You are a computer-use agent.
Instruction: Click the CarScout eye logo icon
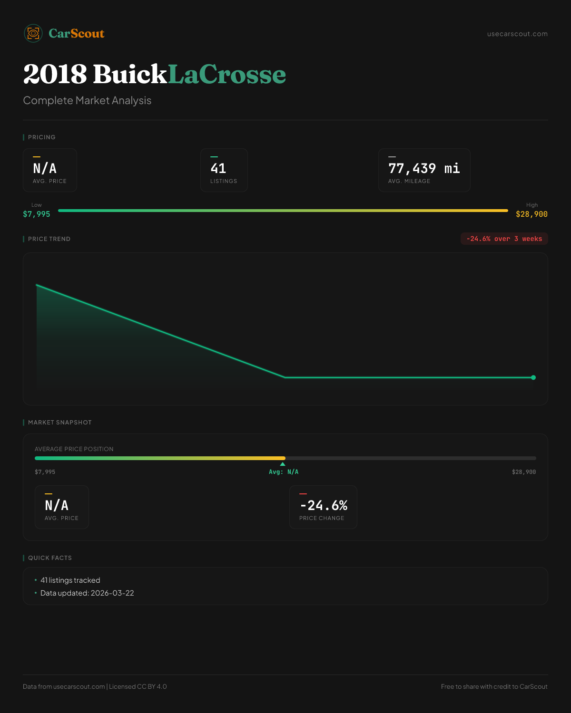33,33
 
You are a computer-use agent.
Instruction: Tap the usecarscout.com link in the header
517,34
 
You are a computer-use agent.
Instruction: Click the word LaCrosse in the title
227,74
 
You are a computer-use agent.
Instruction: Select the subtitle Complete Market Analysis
87,100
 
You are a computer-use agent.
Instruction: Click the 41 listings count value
218,168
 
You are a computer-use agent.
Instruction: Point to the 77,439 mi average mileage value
424,168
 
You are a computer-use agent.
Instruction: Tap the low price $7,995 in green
37,214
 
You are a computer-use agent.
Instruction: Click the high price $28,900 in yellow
532,214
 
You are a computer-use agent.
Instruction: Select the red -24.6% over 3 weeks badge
504,239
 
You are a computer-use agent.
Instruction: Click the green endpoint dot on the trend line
533,377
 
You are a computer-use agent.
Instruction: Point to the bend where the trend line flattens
285,377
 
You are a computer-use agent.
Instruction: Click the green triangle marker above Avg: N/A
283,464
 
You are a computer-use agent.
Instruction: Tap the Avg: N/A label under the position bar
284,472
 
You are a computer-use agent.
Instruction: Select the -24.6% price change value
324,505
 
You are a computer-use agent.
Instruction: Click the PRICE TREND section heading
49,239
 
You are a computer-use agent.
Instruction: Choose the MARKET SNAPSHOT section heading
59,423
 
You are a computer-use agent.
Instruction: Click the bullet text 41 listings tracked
70,580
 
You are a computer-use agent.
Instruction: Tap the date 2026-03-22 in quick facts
112,593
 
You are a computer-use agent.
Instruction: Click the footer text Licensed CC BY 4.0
138,686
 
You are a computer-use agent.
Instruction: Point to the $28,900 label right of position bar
524,472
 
